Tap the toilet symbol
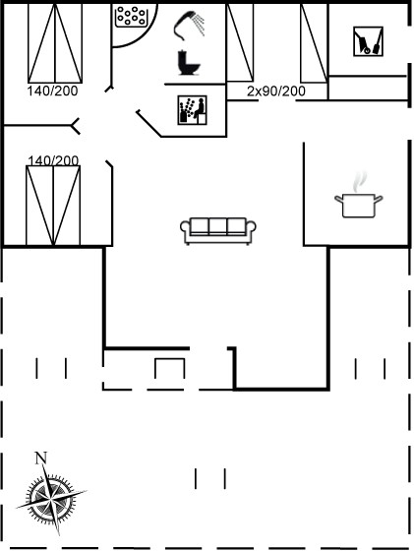click(189, 63)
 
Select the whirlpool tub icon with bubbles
click(132, 16)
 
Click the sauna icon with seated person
click(192, 110)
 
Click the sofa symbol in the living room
click(218, 231)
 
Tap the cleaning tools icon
click(368, 41)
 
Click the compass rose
click(51, 498)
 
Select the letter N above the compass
click(41, 458)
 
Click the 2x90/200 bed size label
click(276, 92)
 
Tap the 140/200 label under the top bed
click(52, 91)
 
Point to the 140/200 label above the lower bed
click(53, 160)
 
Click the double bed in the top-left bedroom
click(55, 43)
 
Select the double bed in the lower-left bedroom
click(53, 206)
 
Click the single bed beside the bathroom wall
click(240, 43)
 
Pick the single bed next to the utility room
click(315, 43)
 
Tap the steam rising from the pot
click(360, 181)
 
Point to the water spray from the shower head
click(200, 25)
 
